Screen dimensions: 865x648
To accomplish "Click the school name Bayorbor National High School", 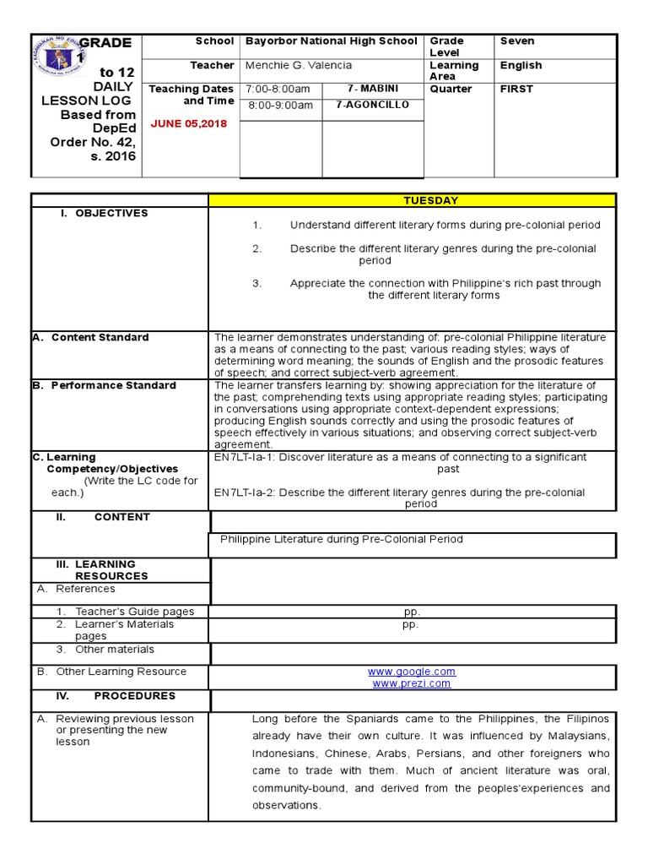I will pyautogui.click(x=331, y=41).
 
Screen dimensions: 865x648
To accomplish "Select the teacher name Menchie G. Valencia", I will pyautogui.click(x=299, y=65).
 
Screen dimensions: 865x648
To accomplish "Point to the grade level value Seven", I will pyautogui.click(x=516, y=41).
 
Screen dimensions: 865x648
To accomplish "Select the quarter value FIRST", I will pyautogui.click(x=516, y=89).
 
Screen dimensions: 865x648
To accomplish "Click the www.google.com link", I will pyautogui.click(x=411, y=672).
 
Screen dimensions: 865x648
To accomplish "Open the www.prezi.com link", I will pyautogui.click(x=411, y=683).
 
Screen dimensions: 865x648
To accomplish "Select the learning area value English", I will pyautogui.click(x=521, y=65).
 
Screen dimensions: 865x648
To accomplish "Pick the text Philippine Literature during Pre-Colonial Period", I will pyautogui.click(x=341, y=539).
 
